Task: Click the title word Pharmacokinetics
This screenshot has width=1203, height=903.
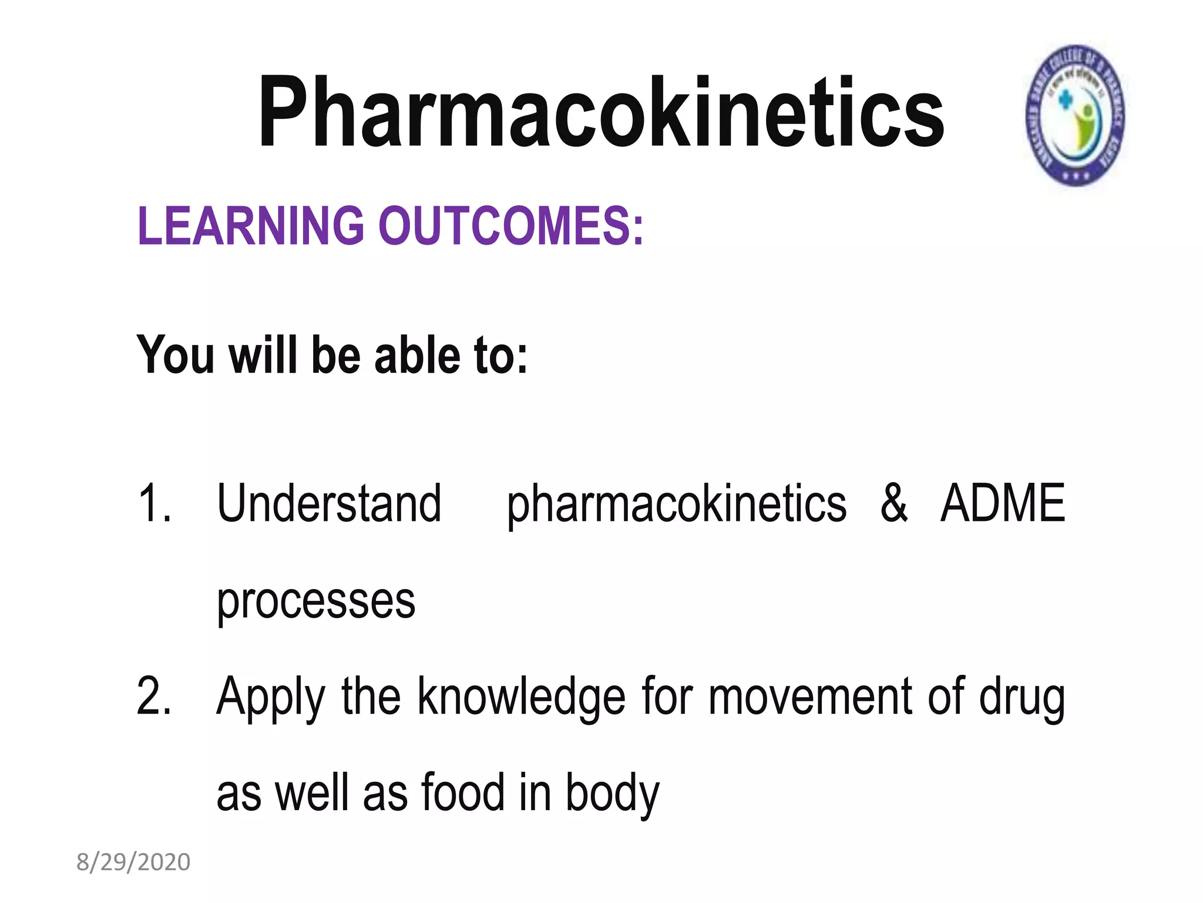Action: pos(600,113)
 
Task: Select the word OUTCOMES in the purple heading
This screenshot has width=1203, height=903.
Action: pos(511,226)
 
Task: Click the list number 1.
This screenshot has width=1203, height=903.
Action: pos(154,503)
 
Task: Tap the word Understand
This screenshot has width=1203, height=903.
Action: pos(329,503)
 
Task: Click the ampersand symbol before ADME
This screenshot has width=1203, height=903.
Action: pos(893,503)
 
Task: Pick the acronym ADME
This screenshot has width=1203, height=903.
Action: pos(1003,503)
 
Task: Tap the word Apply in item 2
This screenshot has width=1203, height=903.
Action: pos(271,697)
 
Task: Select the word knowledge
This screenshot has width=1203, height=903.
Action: pos(522,697)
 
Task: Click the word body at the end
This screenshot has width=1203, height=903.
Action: pos(613,794)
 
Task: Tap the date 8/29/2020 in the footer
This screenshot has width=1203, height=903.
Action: pos(133,862)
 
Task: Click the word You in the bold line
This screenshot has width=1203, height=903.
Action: pos(175,355)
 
